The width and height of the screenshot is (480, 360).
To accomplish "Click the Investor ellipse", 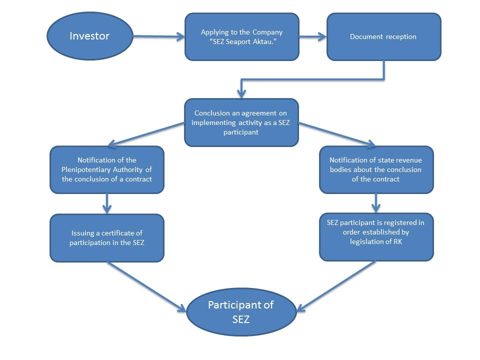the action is coord(89,36).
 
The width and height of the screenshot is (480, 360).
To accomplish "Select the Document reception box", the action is coord(384,36).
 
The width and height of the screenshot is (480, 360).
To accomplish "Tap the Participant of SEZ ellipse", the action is coord(241,312).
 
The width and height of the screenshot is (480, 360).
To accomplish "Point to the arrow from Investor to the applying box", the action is coord(158,36).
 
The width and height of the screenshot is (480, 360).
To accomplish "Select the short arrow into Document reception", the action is coord(313,36).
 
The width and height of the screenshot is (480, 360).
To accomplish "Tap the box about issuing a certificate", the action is coord(107,238).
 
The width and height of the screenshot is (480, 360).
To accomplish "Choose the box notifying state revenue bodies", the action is coord(376,169).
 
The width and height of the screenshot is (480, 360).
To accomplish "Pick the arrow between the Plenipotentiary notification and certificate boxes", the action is coord(107,203).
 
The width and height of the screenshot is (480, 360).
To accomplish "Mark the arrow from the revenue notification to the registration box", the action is coord(376,203).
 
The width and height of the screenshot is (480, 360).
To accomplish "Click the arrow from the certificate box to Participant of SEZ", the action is coord(146,287).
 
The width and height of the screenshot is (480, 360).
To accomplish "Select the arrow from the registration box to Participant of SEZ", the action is coord(336,286).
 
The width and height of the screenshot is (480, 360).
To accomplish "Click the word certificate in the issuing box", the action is coord(122,233).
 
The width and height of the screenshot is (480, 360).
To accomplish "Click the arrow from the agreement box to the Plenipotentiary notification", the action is coord(146,134).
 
